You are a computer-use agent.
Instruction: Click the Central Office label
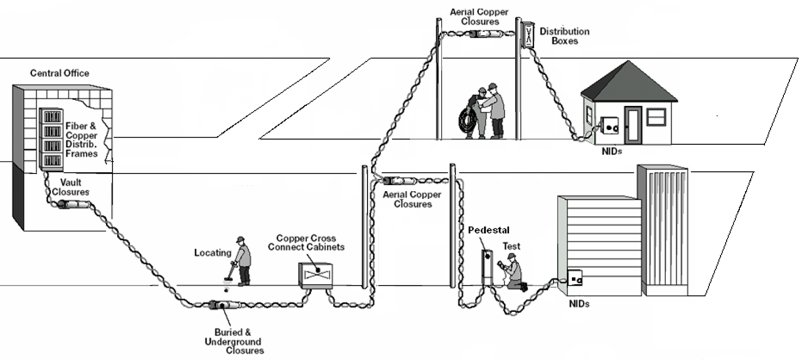click(x=60, y=73)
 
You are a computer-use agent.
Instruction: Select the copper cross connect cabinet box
click(x=316, y=275)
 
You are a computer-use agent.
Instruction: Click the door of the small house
click(x=632, y=125)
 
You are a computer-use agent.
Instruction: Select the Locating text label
click(x=213, y=253)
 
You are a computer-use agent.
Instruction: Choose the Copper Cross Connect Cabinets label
click(x=306, y=243)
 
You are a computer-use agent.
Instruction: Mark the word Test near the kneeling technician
click(x=511, y=245)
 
